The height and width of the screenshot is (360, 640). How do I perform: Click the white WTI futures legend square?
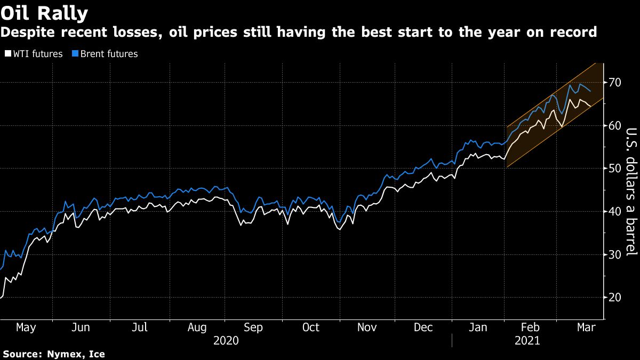[x=7, y=54]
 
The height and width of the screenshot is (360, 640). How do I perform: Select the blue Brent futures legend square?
[x=75, y=54]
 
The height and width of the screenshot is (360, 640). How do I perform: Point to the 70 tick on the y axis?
[x=614, y=83]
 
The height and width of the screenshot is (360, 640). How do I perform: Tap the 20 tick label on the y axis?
[x=614, y=298]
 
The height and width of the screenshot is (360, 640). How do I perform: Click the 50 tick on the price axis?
[x=614, y=169]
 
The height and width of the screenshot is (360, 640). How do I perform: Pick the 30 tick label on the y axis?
[x=614, y=254]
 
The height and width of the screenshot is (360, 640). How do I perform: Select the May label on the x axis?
[x=26, y=327]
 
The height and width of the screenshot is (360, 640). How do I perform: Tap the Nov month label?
[x=367, y=327]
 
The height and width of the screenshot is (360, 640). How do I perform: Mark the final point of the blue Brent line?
[x=590, y=92]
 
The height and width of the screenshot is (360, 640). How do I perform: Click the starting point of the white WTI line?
[x=1, y=297]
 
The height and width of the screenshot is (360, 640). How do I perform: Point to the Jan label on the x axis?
[x=478, y=327]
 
